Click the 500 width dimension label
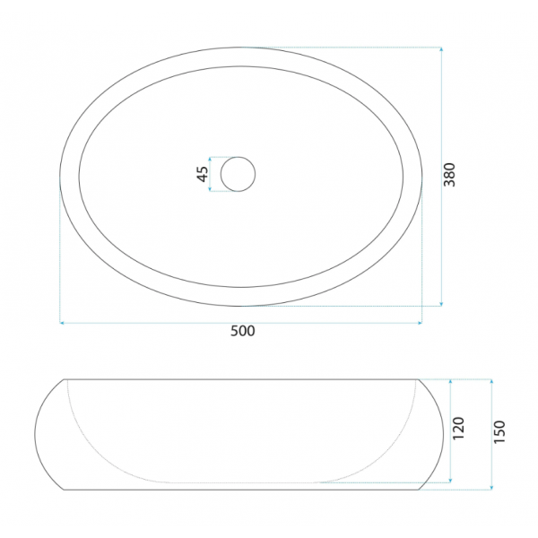pos(243,331)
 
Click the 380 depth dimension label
pos(449,175)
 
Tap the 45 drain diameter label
pos(203,174)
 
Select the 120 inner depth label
pos(458,429)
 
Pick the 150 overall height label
pos(499,431)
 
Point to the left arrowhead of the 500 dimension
pos(62,323)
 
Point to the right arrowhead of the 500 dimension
pos(420,323)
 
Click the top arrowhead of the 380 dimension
pos(441,49)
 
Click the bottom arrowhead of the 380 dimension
pos(441,304)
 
